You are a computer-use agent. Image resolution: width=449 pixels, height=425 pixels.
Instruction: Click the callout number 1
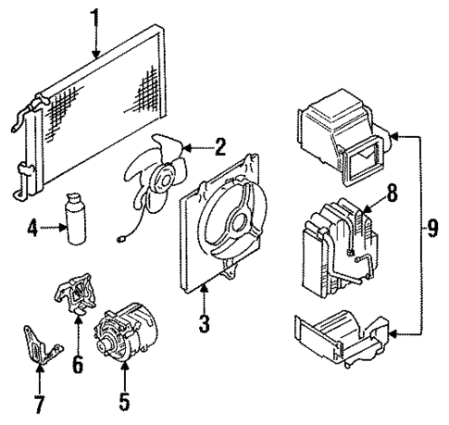[94, 16]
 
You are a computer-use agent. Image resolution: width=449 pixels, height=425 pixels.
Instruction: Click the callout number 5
[125, 404]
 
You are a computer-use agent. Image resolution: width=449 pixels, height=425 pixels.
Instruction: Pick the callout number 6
[79, 364]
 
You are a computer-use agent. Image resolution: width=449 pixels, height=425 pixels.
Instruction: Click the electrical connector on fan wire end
[122, 244]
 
